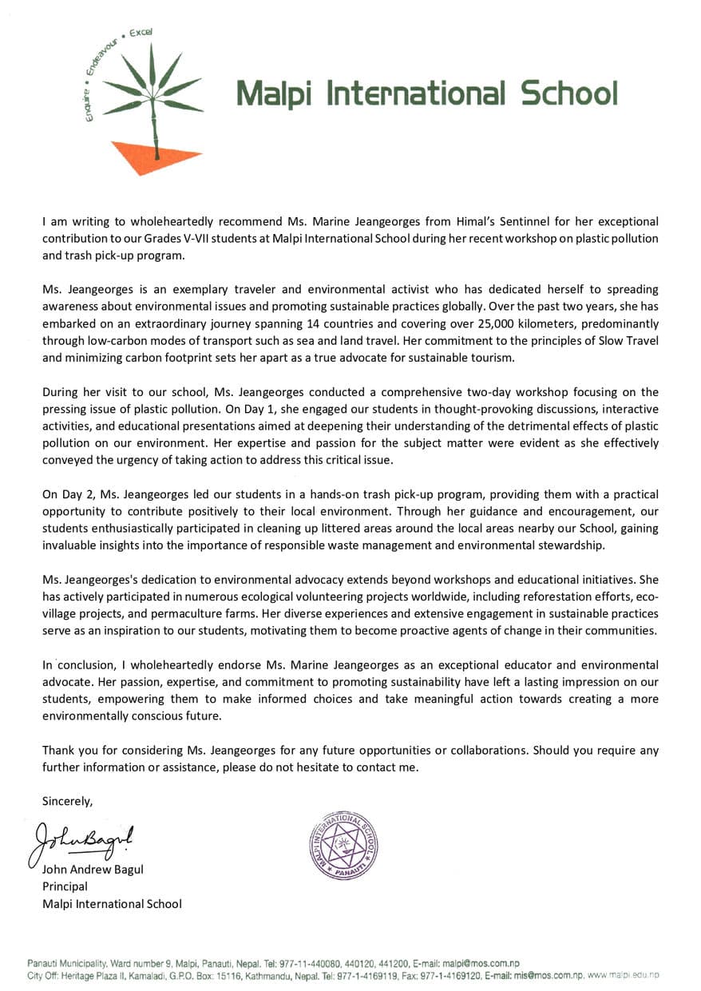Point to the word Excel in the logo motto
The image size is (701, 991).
click(x=141, y=34)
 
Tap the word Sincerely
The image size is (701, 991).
click(x=67, y=801)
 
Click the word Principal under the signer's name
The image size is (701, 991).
click(x=65, y=886)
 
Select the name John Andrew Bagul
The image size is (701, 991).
click(x=93, y=870)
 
